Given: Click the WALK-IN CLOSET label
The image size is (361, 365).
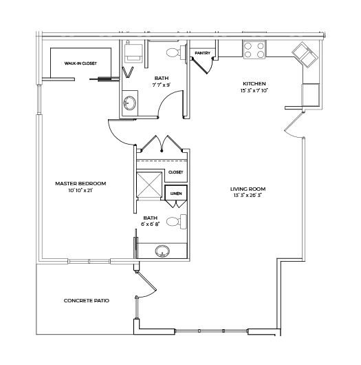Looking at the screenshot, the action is [x=80, y=63].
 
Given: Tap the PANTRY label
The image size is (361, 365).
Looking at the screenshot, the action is [x=202, y=53].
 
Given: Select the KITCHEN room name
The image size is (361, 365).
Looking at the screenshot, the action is [x=254, y=83].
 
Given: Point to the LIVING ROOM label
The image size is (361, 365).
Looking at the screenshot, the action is [x=248, y=189].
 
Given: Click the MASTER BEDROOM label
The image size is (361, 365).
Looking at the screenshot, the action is [x=80, y=183].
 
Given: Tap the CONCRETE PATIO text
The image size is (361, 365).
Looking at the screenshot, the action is [x=87, y=300].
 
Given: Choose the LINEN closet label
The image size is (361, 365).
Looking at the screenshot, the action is [x=176, y=194].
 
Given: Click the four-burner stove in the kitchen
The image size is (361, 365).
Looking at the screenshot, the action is [x=254, y=50].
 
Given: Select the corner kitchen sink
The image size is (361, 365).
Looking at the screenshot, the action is [x=305, y=54].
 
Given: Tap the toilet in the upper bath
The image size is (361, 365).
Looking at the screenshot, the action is [x=176, y=52].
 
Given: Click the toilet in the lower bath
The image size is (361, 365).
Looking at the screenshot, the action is [x=177, y=222].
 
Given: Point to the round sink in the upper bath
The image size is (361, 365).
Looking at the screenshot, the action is [x=130, y=103].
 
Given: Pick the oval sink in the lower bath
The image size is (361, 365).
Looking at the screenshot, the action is [x=162, y=251].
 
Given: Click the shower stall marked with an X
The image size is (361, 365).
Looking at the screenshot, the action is [x=149, y=185].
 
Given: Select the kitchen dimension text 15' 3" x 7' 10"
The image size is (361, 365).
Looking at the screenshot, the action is [x=254, y=90].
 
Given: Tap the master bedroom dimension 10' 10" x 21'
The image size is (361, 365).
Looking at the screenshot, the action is [x=80, y=190].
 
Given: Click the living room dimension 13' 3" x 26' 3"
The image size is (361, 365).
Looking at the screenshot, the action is [x=248, y=196].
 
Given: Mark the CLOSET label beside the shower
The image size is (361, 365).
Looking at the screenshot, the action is [x=176, y=172].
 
